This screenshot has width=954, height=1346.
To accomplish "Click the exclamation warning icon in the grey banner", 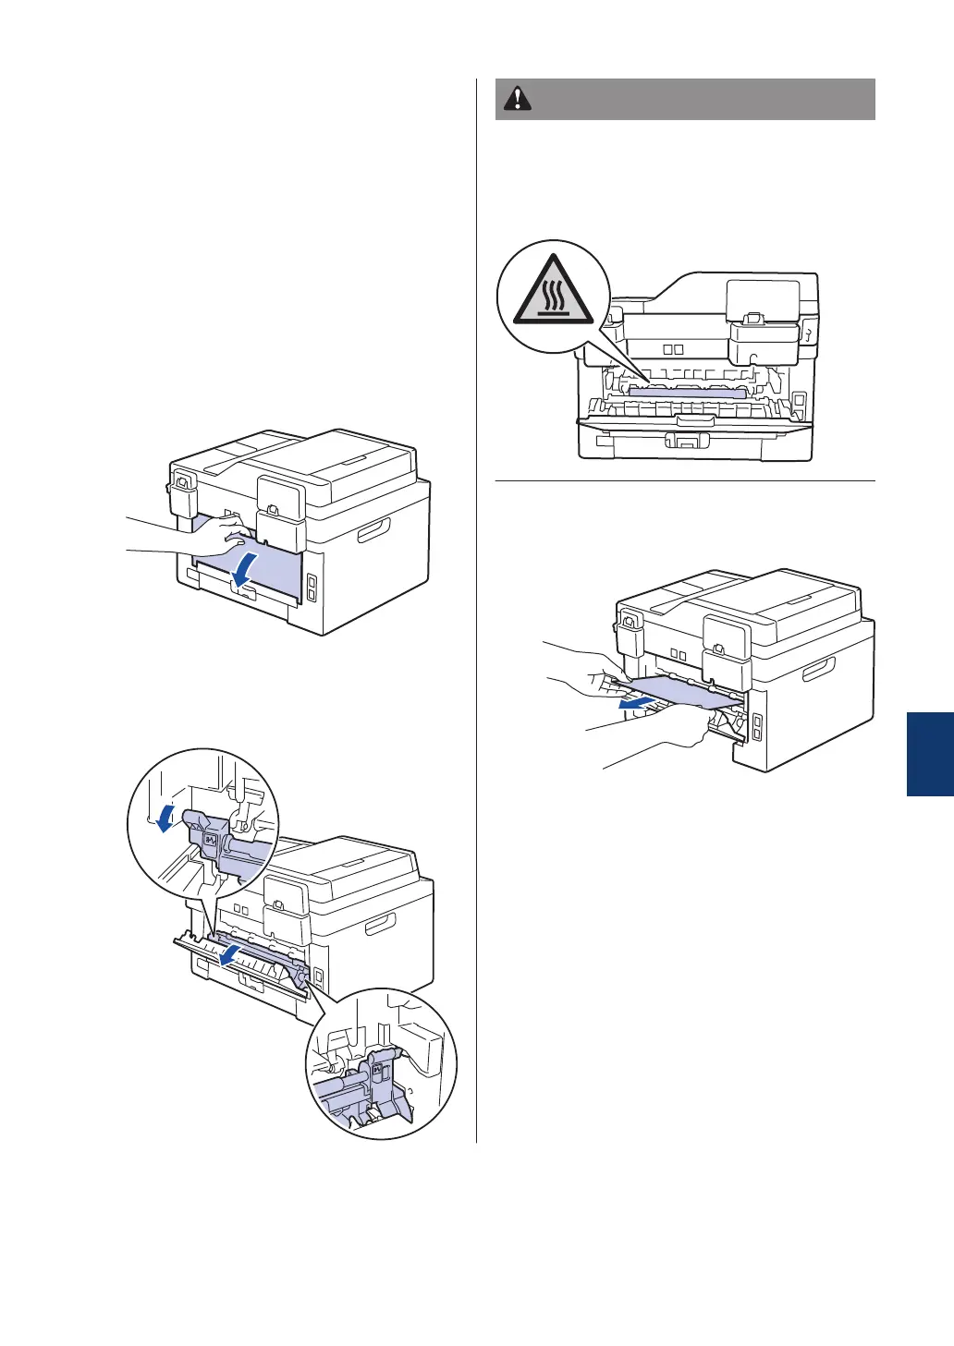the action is tap(518, 99).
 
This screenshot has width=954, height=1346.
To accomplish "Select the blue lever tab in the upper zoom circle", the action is tap(208, 840).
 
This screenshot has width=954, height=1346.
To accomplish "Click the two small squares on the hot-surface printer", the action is tap(672, 350).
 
